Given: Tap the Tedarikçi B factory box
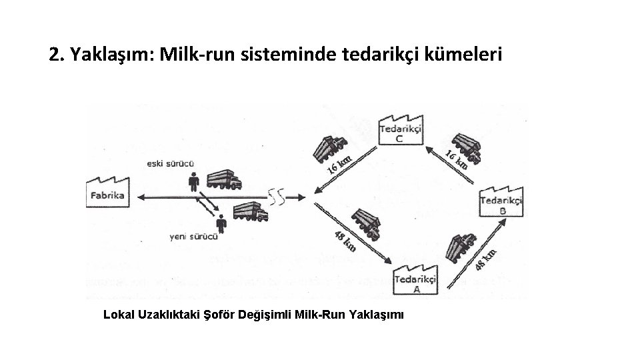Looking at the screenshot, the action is pos(501,200).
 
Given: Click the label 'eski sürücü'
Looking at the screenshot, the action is pos(171,162).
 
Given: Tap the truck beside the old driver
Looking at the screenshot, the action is pos(224,181).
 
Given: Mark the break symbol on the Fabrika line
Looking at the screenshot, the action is pos(277,197).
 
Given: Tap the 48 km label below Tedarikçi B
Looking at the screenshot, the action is pos(485,259).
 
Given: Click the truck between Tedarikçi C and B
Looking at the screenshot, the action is pos(465,147).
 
